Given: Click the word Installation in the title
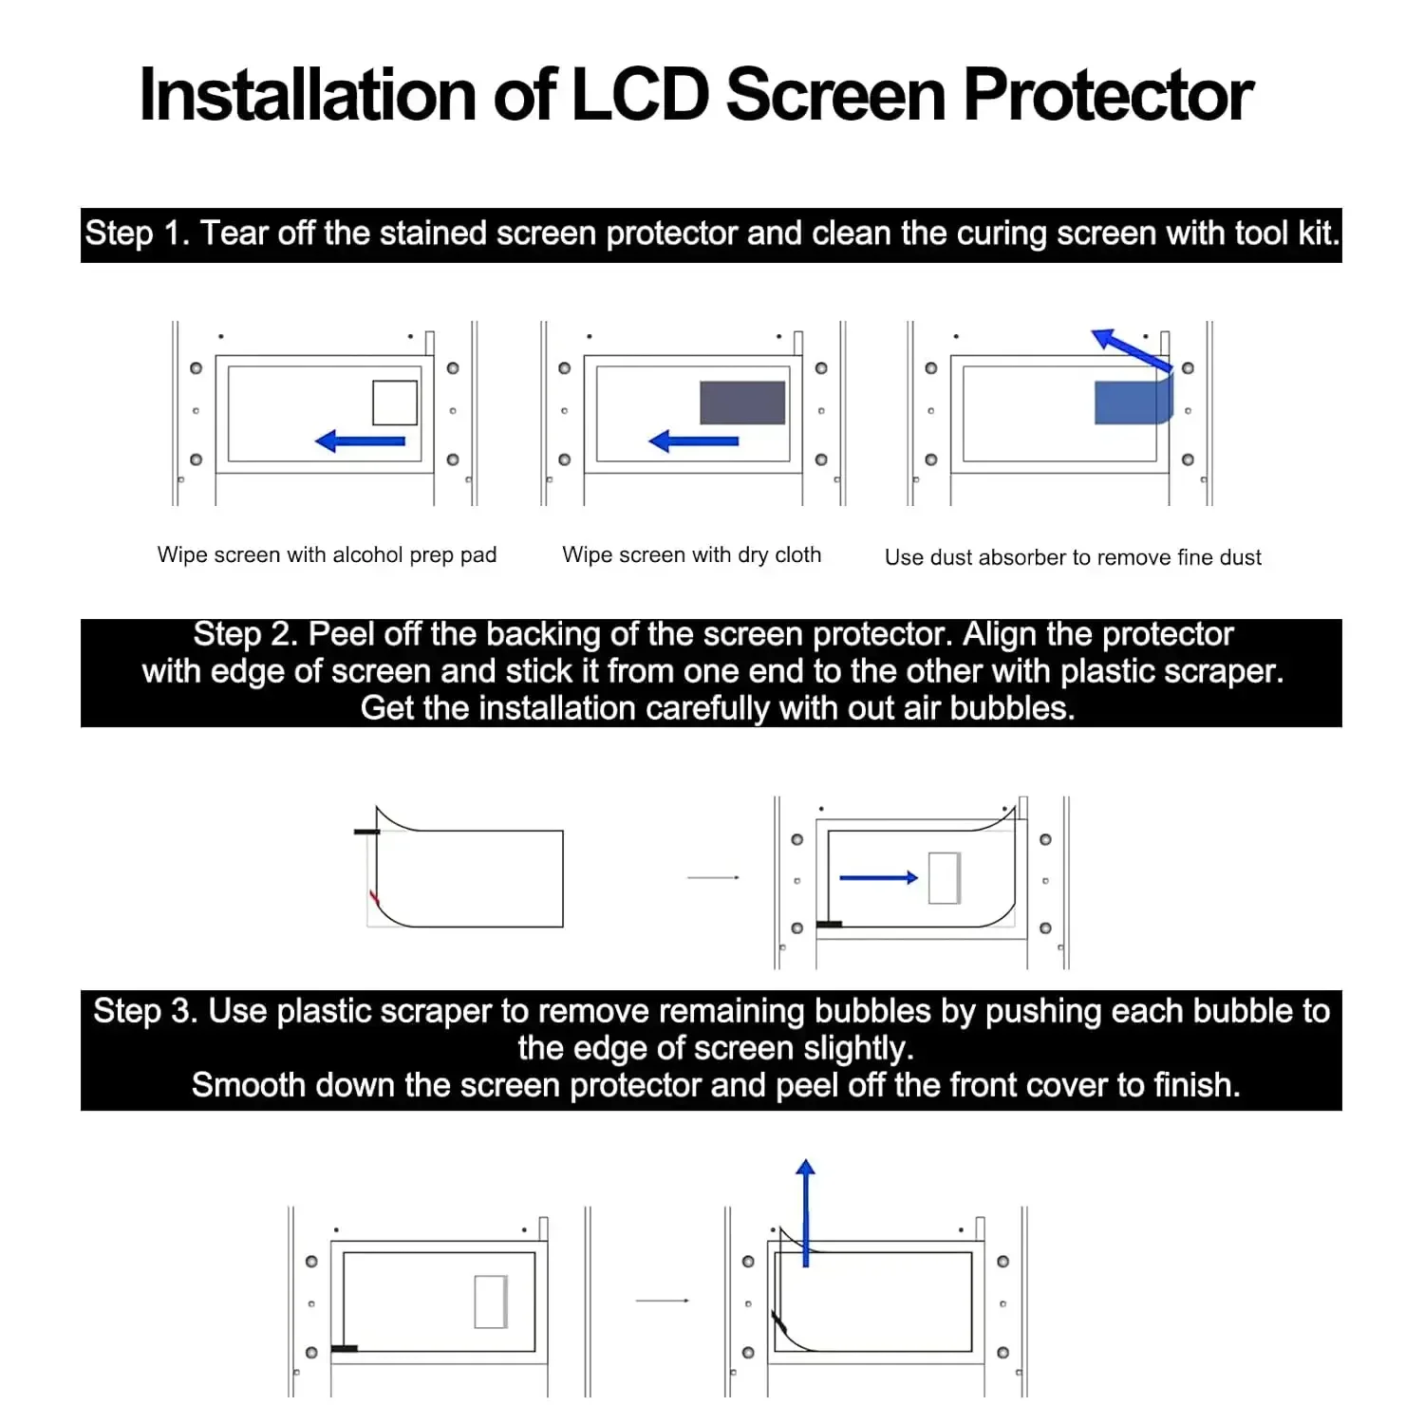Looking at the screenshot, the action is pyautogui.click(x=308, y=95).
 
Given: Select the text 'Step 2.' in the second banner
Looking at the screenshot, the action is pyautogui.click(x=245, y=634).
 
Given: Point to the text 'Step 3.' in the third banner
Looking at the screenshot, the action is pyautogui.click(x=145, y=1011).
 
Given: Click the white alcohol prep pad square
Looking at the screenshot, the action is pyautogui.click(x=395, y=403).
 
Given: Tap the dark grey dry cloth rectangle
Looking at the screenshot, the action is pyautogui.click(x=742, y=403).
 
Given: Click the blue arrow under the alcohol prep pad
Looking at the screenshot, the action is pyautogui.click(x=360, y=440).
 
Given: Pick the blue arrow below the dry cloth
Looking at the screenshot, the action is pyautogui.click(x=693, y=440).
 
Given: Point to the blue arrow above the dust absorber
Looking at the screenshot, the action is pyautogui.click(x=1131, y=349).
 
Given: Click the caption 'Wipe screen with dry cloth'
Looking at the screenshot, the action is pyautogui.click(x=691, y=554).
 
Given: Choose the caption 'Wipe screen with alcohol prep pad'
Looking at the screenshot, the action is pyautogui.click(x=327, y=554).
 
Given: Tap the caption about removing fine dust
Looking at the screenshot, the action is pyautogui.click(x=1073, y=557).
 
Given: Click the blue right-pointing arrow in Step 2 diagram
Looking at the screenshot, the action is pyautogui.click(x=879, y=878).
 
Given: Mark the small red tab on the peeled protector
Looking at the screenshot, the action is pyautogui.click(x=374, y=897).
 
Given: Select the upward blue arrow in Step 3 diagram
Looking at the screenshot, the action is pyautogui.click(x=806, y=1212).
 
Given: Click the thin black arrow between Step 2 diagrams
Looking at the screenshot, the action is pyautogui.click(x=713, y=877).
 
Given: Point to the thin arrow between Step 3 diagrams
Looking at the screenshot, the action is pyautogui.click(x=663, y=1301).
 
